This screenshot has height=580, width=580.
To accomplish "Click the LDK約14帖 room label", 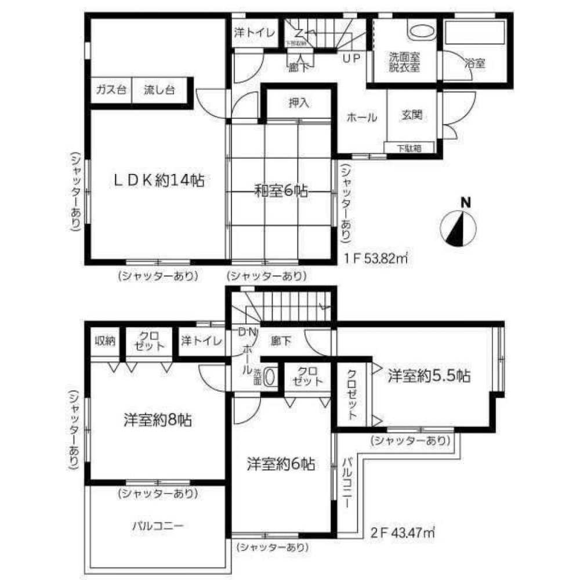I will tap(157, 180).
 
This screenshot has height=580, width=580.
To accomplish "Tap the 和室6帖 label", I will tap(280, 190).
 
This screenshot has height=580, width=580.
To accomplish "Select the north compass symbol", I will tap(458, 226).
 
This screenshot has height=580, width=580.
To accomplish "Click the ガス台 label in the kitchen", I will tap(110, 90).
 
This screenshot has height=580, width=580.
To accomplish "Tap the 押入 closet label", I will tap(299, 103).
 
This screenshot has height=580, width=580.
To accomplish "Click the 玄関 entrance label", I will tap(411, 115).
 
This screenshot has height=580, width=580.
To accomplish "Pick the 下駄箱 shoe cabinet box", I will tap(409, 148).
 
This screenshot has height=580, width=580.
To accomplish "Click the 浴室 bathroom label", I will tap(476, 63).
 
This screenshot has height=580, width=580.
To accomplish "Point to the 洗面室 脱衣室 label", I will tap(404, 62).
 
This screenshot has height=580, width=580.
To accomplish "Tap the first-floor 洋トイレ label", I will tap(255, 33).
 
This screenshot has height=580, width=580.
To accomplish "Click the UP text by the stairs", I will tap(353, 58).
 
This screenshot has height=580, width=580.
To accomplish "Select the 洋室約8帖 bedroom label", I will tap(157, 419).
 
